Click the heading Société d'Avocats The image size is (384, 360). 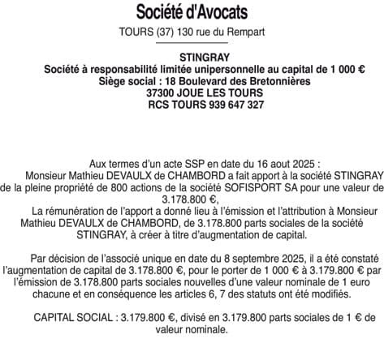[x=192, y=13]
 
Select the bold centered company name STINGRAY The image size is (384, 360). [x=192, y=58]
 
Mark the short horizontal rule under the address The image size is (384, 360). [x=192, y=43]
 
